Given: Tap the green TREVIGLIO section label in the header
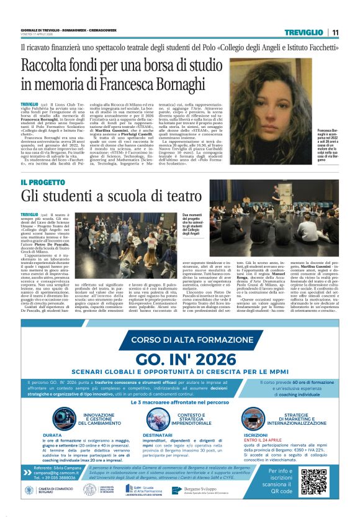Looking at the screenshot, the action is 304,32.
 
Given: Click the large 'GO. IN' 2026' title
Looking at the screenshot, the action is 181,358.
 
